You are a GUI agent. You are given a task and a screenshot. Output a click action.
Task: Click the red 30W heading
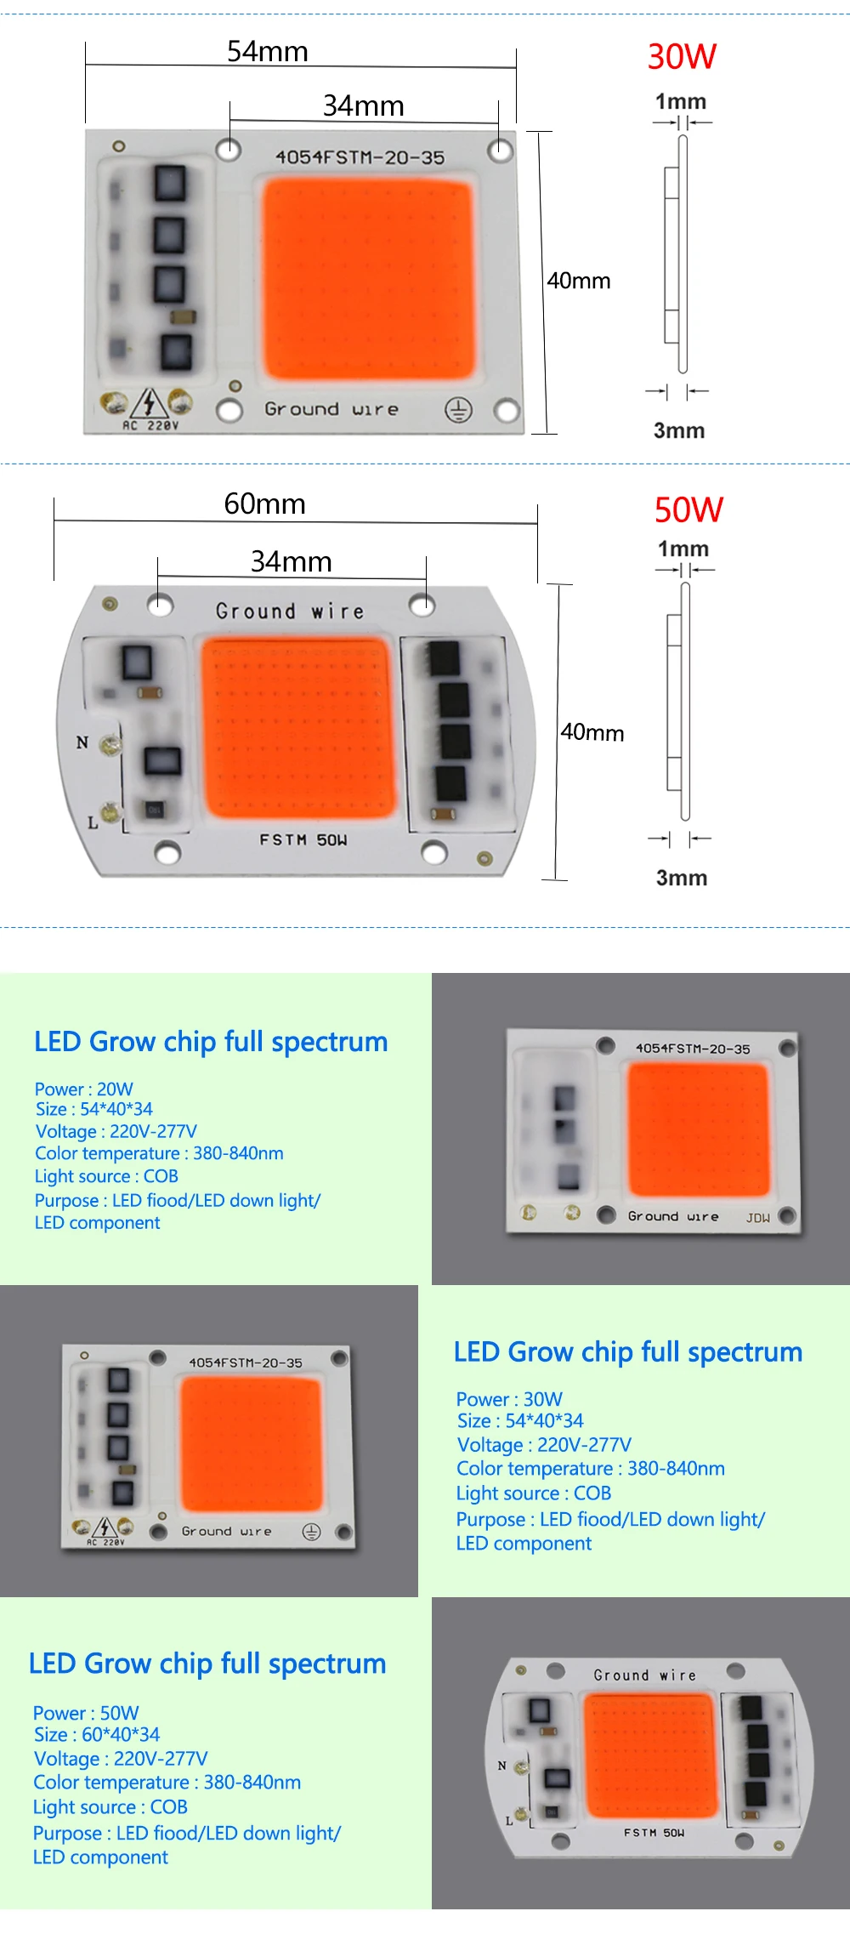coord(682,57)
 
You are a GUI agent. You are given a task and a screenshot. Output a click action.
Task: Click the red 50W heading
coord(688,510)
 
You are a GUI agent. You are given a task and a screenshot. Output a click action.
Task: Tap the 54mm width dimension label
coord(267,52)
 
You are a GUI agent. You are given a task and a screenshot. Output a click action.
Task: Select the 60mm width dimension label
coord(264,504)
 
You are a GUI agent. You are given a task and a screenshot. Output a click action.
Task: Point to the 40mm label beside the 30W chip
coord(578,281)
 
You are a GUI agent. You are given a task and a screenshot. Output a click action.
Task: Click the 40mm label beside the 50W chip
coord(592,732)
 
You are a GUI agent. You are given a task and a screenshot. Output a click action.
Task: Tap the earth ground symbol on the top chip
coord(458,411)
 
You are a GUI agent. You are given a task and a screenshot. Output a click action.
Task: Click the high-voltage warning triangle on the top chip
coord(150,402)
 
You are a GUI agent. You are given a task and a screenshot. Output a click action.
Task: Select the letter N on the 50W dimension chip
coord(82,742)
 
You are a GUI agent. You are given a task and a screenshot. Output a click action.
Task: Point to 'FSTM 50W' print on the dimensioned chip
coord(303,840)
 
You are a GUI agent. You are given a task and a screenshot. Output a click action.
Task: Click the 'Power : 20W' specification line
coord(83,1089)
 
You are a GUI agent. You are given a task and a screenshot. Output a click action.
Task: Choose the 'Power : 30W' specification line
coord(509,1399)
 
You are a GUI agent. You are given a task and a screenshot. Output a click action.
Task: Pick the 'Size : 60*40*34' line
coord(96,1734)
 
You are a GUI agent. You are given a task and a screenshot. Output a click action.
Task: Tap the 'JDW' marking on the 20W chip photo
coord(757,1218)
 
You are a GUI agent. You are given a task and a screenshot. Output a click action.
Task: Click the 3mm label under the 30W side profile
coord(678,430)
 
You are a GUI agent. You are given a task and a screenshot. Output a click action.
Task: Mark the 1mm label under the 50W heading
coord(683,549)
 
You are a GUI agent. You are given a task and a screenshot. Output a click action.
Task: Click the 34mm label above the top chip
coord(363,106)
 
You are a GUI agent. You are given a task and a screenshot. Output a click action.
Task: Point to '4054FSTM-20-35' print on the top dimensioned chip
coord(360,157)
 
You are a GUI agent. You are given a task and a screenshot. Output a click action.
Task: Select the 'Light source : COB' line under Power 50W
coord(110,1806)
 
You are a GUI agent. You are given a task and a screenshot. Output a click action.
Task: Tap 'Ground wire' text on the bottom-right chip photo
coord(644,1675)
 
